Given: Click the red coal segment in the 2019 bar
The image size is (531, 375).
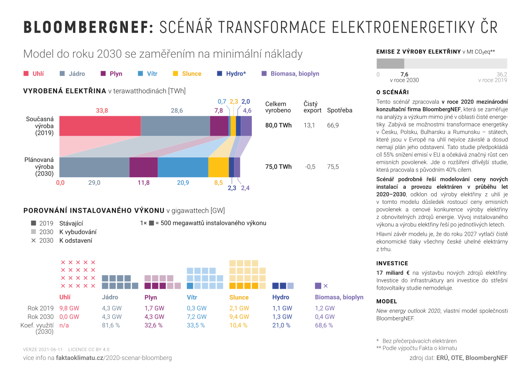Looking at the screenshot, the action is click(100, 126).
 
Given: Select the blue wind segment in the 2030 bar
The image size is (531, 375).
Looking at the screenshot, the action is click(183, 167).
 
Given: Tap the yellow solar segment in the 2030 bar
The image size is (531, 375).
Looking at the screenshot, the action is click(219, 167).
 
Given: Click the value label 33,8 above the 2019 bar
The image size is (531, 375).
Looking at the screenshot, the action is click(102, 111).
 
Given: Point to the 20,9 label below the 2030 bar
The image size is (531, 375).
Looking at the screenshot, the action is click(183, 183).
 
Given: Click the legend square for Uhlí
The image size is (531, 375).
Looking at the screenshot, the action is click(26, 73).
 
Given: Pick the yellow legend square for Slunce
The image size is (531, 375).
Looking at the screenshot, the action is click(175, 73).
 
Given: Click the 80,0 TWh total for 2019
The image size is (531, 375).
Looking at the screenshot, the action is click(278, 125).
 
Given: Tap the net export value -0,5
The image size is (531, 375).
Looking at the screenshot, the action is click(310, 167).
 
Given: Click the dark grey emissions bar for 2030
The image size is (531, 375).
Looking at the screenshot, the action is click(390, 64).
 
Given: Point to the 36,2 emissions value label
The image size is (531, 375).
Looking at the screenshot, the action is click(502, 74).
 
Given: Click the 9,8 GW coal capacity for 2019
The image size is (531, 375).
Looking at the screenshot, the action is click(69, 308).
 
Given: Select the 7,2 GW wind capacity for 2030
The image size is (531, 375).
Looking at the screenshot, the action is click(197, 317).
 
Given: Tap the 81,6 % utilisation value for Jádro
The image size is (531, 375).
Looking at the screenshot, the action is click(111, 325).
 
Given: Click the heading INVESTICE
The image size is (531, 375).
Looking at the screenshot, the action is click(392, 263).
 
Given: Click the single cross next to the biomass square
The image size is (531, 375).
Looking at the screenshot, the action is click(326, 286).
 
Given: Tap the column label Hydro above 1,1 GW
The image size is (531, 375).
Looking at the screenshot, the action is click(281, 297).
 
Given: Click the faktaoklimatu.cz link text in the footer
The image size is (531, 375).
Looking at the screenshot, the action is click(80, 358).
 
